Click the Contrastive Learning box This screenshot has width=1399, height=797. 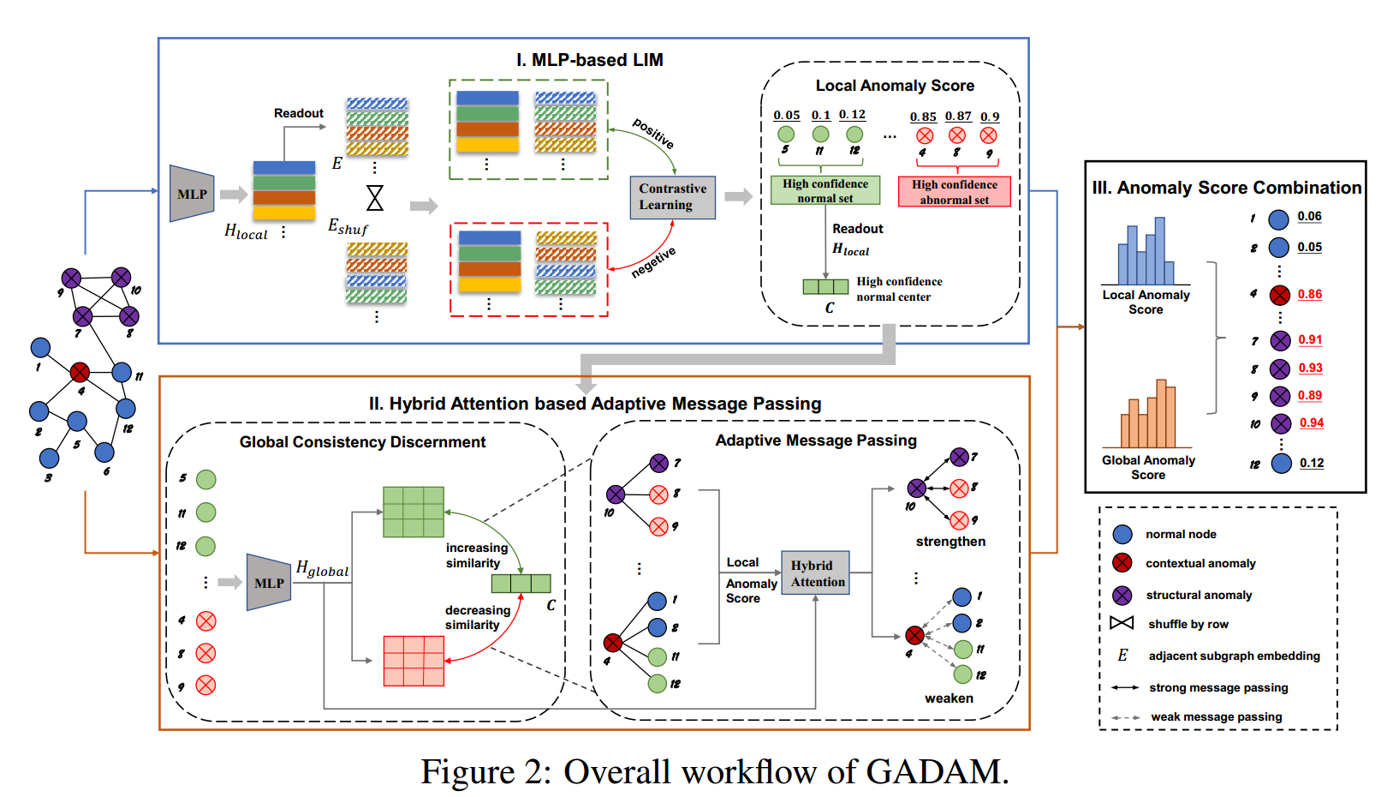click(x=672, y=197)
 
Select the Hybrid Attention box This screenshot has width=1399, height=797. click(x=815, y=573)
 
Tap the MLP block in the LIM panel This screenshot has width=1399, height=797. click(x=192, y=194)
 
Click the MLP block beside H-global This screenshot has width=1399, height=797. click(x=269, y=583)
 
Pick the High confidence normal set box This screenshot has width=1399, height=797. click(x=825, y=190)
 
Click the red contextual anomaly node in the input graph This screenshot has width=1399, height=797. click(x=80, y=372)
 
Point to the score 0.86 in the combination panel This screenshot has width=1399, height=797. click(x=1309, y=294)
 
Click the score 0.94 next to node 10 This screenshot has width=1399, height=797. click(x=1311, y=422)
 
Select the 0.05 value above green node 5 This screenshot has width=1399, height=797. click(x=786, y=115)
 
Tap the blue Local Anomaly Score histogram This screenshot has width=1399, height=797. click(x=1146, y=252)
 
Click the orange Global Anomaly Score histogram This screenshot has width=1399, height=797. click(x=1148, y=415)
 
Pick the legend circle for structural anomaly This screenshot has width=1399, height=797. click(x=1122, y=595)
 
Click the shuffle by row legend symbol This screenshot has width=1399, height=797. click(x=1122, y=623)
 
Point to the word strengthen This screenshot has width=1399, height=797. click(x=950, y=542)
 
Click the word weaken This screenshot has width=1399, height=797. click(x=949, y=698)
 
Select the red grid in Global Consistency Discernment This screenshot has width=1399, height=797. click(x=414, y=661)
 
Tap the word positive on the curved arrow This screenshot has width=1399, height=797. click(x=653, y=133)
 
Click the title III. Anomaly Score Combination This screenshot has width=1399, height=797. click(x=1226, y=188)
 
